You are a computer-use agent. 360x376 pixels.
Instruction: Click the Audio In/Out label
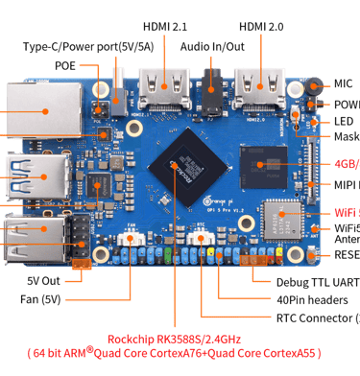tap(213, 45)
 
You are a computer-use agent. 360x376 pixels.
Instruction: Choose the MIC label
tap(344, 84)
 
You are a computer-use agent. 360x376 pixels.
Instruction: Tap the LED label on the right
tap(344, 121)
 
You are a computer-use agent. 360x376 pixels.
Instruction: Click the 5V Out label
tap(45, 281)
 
